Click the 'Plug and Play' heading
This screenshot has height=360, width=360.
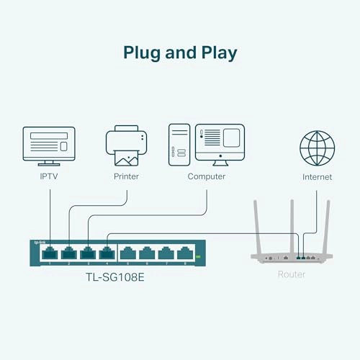click(x=180, y=53)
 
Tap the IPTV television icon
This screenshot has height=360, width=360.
click(x=49, y=145)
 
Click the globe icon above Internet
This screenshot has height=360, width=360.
click(x=317, y=145)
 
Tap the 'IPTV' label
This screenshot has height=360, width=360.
click(x=49, y=176)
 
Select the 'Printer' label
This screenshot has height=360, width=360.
click(x=126, y=176)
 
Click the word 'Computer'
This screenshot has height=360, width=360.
click(x=207, y=176)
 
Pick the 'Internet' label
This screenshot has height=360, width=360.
click(x=317, y=176)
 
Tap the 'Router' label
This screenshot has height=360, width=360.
click(x=292, y=274)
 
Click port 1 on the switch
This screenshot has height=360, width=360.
click(x=50, y=253)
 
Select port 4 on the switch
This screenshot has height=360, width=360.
click(x=106, y=253)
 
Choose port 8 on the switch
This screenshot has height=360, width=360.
click(x=184, y=253)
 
